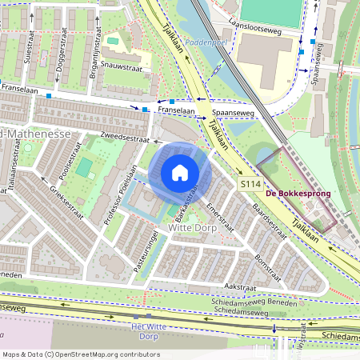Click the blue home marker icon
tap(180, 173)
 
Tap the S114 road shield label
tap(250, 183)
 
